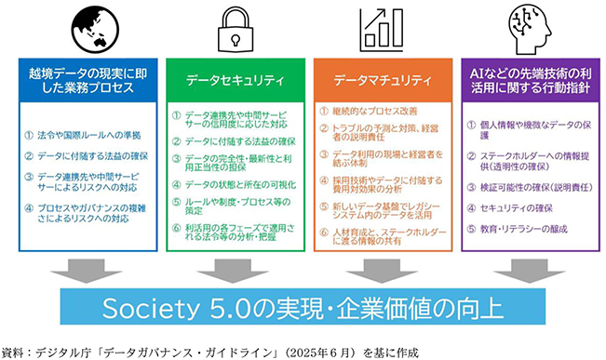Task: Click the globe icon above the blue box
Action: (x=95, y=30)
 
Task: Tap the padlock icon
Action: (x=236, y=30)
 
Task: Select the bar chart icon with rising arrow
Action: (x=382, y=30)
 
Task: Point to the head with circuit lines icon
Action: (x=530, y=30)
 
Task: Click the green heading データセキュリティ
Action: (x=236, y=80)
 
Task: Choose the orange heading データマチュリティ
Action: (x=383, y=80)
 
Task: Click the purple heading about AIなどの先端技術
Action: (x=531, y=80)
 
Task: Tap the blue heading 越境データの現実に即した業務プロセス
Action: (x=88, y=80)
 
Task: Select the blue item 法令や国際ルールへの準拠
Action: (x=88, y=135)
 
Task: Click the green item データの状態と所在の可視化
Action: (x=240, y=184)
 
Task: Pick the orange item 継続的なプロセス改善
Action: (x=375, y=112)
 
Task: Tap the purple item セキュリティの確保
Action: (x=517, y=208)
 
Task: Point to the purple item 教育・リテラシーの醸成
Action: (x=524, y=229)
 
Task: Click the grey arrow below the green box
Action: (x=233, y=271)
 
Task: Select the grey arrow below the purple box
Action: (x=529, y=271)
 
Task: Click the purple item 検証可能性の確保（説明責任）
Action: (x=536, y=187)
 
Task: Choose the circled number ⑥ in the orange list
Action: (x=324, y=233)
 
